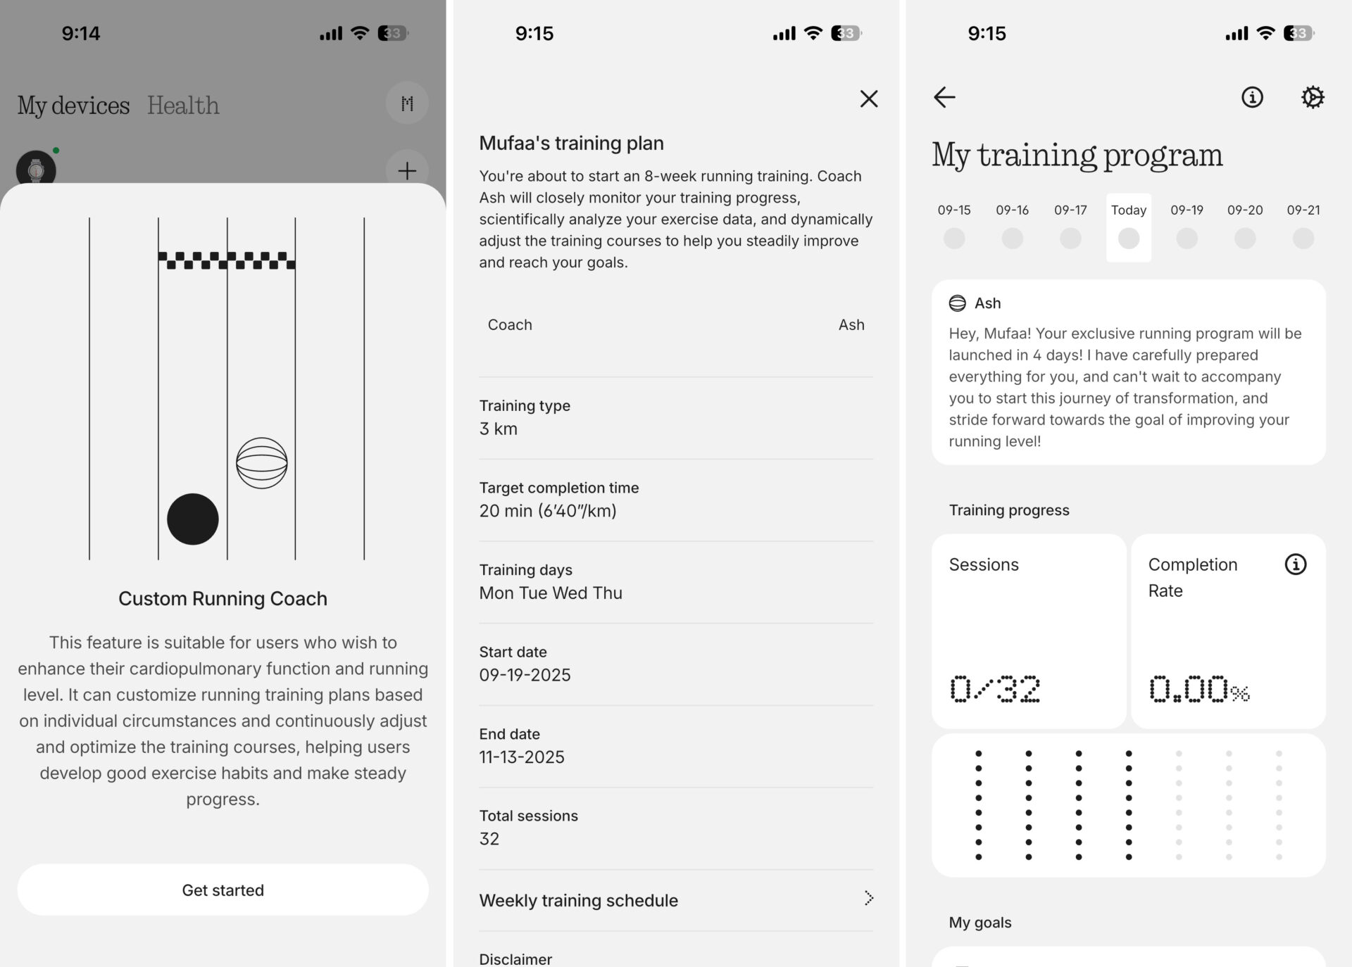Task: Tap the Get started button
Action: pyautogui.click(x=223, y=890)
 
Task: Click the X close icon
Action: pyautogui.click(x=869, y=99)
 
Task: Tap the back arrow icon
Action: pyautogui.click(x=944, y=97)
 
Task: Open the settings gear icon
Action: pyautogui.click(x=1313, y=97)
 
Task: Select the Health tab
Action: pyautogui.click(x=183, y=106)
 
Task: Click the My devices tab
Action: pyautogui.click(x=73, y=106)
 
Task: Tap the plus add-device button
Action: pyautogui.click(x=407, y=170)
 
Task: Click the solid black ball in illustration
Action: pyautogui.click(x=193, y=519)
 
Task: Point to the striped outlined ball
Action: pyautogui.click(x=262, y=463)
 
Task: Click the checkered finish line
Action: pyautogui.click(x=227, y=260)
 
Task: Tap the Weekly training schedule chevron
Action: pyautogui.click(x=869, y=898)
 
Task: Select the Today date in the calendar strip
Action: pyautogui.click(x=1129, y=227)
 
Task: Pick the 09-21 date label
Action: pyautogui.click(x=1303, y=210)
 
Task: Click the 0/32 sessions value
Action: pyautogui.click(x=995, y=689)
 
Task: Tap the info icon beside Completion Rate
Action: pyautogui.click(x=1296, y=564)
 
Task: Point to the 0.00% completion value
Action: pyautogui.click(x=1199, y=689)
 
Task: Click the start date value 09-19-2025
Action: pyautogui.click(x=525, y=675)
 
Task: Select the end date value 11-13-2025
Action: pyautogui.click(x=522, y=757)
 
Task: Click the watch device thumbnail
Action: pyautogui.click(x=36, y=170)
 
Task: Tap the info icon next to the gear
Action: pyautogui.click(x=1252, y=97)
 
